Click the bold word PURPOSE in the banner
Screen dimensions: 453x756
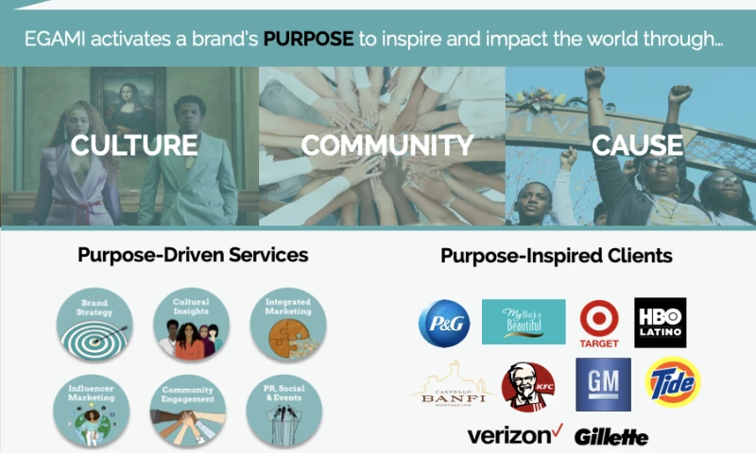point(308,41)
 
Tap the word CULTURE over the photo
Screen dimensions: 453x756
point(135,145)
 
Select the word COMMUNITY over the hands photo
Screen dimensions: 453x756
point(387,145)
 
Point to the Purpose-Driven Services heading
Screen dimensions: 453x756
point(193,255)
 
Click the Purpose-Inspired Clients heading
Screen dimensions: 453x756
point(557,256)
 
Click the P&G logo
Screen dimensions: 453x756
point(444,323)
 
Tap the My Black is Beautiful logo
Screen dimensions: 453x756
point(524,322)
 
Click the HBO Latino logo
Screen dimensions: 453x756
point(661,323)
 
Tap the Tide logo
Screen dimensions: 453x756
point(672,382)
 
